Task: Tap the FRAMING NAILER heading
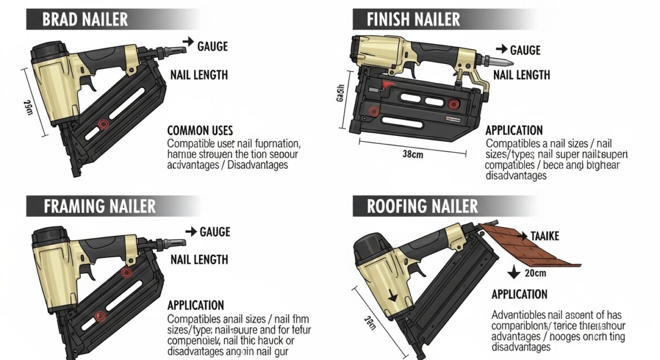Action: point(99,206)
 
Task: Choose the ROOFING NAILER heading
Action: point(423,206)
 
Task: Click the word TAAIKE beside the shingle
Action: point(544,236)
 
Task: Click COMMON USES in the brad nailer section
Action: point(200,130)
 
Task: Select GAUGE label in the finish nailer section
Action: point(525,50)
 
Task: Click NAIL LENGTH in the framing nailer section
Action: point(199,260)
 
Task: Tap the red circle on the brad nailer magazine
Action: point(103,124)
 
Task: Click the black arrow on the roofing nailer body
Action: point(391,294)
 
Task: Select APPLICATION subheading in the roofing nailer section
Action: point(519,294)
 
